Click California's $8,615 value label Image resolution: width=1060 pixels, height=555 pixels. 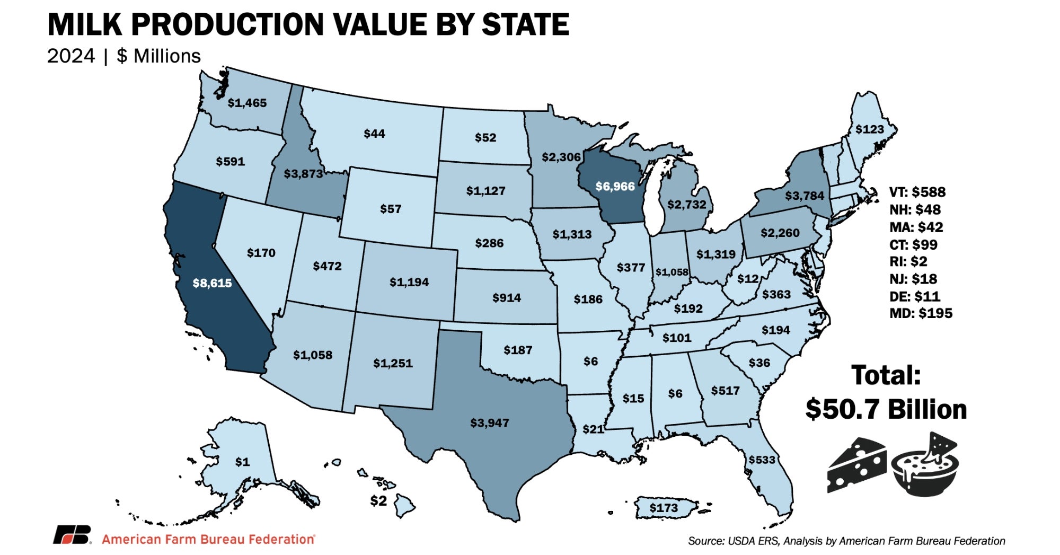tap(212, 283)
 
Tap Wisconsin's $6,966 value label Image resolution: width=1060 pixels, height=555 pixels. tap(615, 187)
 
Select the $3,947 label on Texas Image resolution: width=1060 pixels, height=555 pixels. tap(489, 423)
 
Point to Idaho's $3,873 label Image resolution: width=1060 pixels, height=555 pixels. tap(303, 173)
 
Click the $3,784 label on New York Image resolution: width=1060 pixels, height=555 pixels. tap(805, 196)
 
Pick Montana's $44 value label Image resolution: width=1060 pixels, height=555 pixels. tap(374, 134)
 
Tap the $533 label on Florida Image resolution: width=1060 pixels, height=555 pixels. tap(762, 460)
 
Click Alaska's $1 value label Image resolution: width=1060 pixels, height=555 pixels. tap(242, 462)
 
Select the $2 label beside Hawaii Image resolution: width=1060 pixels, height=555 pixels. tap(378, 500)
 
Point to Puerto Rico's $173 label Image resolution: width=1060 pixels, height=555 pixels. tap(664, 508)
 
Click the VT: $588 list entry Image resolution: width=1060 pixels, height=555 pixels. tap(917, 192)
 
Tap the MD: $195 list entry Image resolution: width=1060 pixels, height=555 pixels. tap(921, 313)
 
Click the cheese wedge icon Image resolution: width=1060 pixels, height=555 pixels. tap(856, 465)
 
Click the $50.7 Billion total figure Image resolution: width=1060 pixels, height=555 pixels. tap(886, 409)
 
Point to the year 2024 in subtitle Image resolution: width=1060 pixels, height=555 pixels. tap(71, 56)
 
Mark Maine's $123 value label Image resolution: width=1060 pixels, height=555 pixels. tap(870, 129)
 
